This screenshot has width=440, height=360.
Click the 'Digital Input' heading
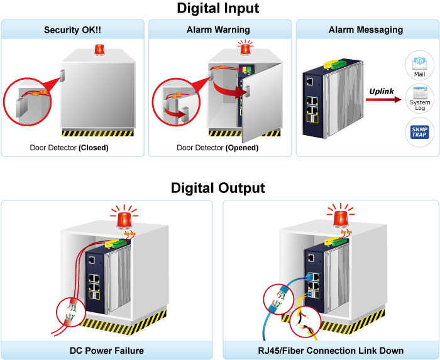point(218,9)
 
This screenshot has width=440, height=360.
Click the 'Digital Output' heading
point(218,188)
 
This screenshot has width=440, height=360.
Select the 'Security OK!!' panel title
point(72,30)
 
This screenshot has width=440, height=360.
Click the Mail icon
point(419,65)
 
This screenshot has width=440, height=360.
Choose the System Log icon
point(419,101)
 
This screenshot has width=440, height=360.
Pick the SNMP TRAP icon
point(419,133)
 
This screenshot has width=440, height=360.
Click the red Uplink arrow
point(384,100)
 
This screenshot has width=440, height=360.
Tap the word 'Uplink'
point(382,91)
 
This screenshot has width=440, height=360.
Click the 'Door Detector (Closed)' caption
point(69,148)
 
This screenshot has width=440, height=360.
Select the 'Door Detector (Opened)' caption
point(217,148)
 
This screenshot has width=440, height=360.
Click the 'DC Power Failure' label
point(107,351)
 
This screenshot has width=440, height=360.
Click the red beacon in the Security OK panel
point(99,50)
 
